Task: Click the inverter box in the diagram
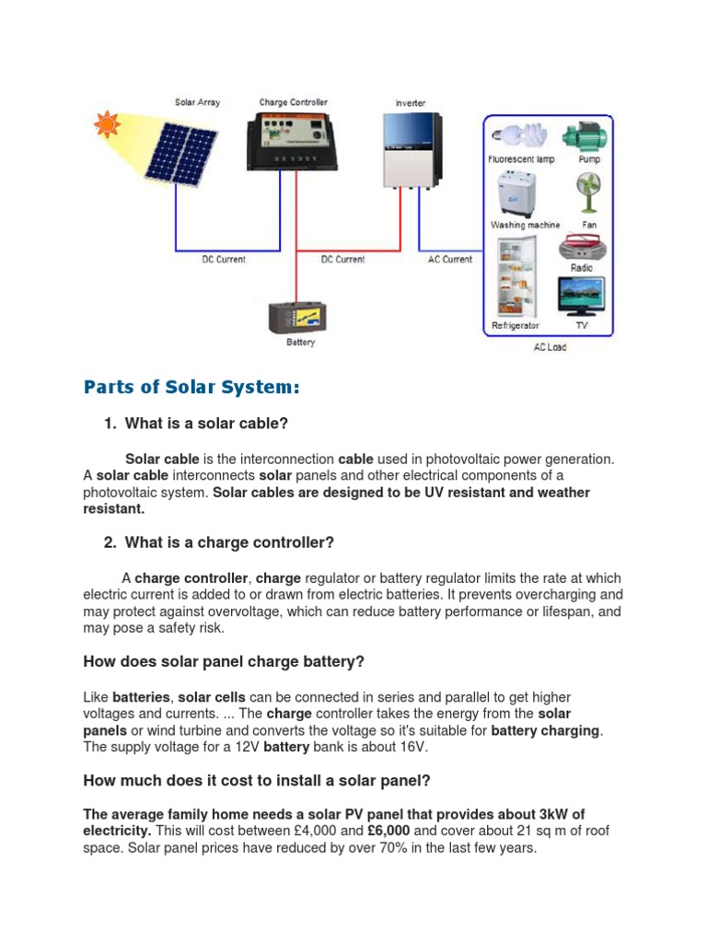tap(411, 150)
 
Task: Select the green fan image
tap(588, 194)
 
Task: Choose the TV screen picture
tap(582, 297)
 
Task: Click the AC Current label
tap(450, 260)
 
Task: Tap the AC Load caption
tap(551, 347)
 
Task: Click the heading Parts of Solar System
tap(191, 388)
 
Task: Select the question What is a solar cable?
tap(206, 424)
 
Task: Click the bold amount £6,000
tap(388, 831)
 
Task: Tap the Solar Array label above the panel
tap(197, 102)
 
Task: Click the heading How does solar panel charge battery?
tap(224, 661)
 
